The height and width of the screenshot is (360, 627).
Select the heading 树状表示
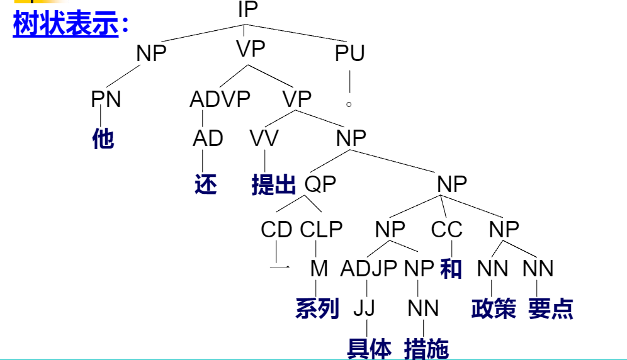pyautogui.click(x=66, y=25)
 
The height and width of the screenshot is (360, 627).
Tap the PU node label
pyautogui.click(x=350, y=53)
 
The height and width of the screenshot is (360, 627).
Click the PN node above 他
pyautogui.click(x=106, y=99)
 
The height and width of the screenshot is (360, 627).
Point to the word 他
pyautogui.click(x=103, y=138)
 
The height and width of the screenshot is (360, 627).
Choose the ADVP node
pyautogui.click(x=220, y=99)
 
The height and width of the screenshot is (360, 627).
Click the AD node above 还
pyautogui.click(x=208, y=138)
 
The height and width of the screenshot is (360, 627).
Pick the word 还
pyautogui.click(x=206, y=184)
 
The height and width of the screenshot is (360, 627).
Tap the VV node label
pyautogui.click(x=264, y=138)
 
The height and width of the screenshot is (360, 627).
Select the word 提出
pyautogui.click(x=273, y=184)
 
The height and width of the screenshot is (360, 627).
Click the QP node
pyautogui.click(x=320, y=184)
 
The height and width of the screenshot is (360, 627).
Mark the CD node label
pyautogui.click(x=276, y=230)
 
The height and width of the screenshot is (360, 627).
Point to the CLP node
pyautogui.click(x=321, y=230)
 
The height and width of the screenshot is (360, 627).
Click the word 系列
pyautogui.click(x=317, y=308)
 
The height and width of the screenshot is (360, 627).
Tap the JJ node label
pyautogui.click(x=364, y=308)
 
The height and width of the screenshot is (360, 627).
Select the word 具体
pyautogui.click(x=369, y=347)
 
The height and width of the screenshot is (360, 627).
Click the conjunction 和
pyautogui.click(x=451, y=269)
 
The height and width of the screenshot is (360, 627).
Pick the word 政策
pyautogui.click(x=494, y=308)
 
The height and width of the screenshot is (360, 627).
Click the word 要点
pyautogui.click(x=551, y=308)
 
